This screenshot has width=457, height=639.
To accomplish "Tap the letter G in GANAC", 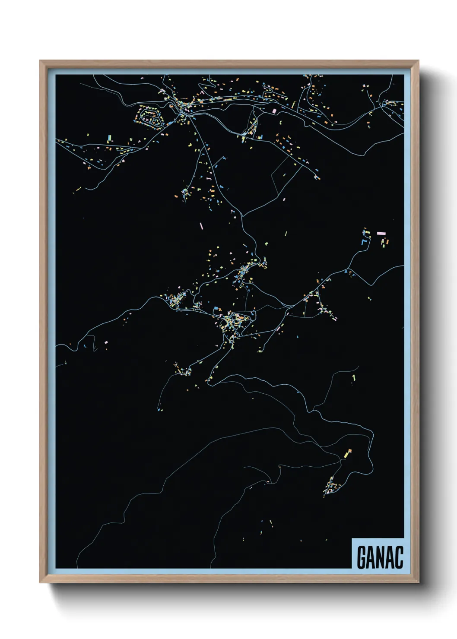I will point(362,557).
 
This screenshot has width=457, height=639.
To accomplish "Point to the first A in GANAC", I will point(372,557).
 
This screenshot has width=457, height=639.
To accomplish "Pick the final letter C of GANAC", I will point(399,557).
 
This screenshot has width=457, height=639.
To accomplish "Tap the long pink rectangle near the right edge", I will point(381,233).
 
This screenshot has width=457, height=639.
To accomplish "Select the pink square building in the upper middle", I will point(274,111).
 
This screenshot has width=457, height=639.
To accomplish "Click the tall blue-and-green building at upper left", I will point(109,138).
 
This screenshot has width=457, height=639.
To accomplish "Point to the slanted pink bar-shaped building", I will point(201,225).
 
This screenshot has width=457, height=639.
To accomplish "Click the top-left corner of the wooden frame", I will point(41,61).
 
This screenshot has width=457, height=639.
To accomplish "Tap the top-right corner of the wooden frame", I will point(418,61).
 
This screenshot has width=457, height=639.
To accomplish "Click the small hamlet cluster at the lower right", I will point(333,487).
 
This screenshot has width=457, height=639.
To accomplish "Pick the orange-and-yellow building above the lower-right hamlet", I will point(347,453).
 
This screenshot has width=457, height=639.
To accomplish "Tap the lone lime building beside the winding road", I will point(354,378).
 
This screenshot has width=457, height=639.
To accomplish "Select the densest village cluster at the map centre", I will point(235,322).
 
